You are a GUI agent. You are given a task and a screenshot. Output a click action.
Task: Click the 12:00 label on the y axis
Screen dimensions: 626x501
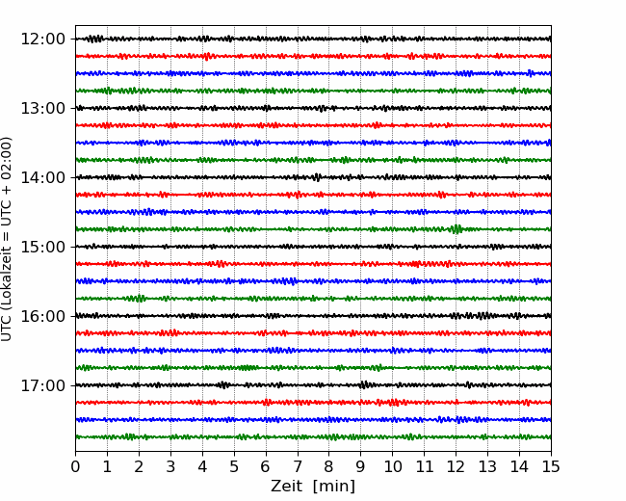coord(43,40)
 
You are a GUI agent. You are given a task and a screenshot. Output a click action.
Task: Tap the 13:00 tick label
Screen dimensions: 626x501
coord(43,108)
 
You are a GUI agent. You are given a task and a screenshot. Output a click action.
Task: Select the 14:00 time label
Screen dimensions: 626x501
coord(43,177)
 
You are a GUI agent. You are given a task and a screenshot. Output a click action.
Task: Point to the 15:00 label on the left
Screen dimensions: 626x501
coord(43,247)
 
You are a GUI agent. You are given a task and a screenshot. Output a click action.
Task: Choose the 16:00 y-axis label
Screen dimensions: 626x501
coord(43,316)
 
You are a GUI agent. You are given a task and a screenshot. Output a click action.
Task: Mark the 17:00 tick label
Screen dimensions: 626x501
coord(43,385)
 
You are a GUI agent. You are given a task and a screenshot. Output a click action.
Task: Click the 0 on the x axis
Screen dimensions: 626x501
coord(75,466)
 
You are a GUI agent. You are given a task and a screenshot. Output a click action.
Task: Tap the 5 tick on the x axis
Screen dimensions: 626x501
coord(234,466)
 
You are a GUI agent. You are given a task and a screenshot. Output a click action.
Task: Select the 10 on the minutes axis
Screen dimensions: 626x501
coord(392,466)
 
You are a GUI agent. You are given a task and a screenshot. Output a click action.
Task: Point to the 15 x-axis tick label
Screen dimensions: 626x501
coord(551,466)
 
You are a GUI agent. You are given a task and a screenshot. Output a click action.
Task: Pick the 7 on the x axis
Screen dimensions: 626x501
coord(298,466)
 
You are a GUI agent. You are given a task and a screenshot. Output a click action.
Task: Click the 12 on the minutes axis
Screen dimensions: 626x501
coord(456,466)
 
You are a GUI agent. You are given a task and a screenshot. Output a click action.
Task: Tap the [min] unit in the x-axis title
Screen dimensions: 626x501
coord(334,487)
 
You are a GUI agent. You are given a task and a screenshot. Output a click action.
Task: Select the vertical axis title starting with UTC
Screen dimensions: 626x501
coord(7,239)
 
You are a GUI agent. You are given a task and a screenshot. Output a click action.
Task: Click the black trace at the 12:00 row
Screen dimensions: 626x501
coord(313,39)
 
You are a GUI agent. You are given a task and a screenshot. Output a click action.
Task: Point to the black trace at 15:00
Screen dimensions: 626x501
coord(313,247)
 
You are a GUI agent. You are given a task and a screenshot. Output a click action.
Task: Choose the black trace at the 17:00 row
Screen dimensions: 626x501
coord(313,385)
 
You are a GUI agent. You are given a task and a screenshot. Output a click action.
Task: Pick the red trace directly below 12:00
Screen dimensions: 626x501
coord(313,56)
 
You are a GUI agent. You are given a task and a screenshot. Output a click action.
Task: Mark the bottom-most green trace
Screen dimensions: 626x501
coord(313,437)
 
